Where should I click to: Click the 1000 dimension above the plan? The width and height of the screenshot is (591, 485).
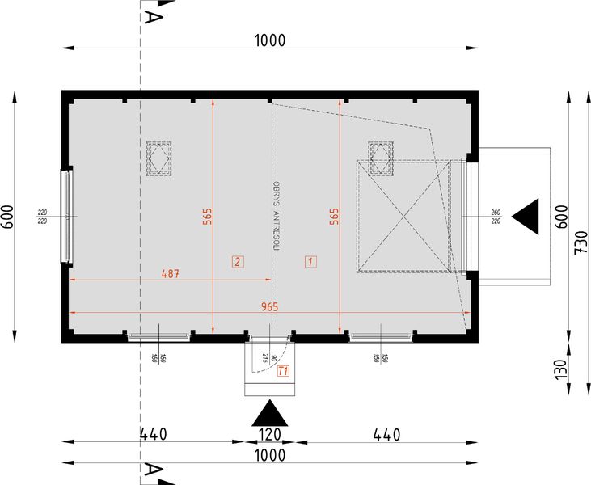coord(270,40)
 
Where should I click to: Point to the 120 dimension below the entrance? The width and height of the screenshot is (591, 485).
coord(271,435)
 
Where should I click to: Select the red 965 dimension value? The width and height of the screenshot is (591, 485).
coord(270,306)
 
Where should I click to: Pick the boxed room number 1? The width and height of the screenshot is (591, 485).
coord(310,261)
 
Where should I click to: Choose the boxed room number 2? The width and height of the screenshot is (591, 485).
coord(237,261)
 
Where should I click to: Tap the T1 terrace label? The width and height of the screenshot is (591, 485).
coord(283,372)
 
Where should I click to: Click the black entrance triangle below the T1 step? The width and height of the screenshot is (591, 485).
coord(271,414)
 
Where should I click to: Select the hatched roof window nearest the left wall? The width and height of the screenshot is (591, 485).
coord(159,158)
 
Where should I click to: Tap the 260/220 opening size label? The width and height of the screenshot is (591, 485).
coord(495,217)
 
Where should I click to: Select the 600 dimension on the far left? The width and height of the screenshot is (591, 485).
coord(7,217)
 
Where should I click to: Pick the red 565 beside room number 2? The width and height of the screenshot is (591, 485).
coord(207,216)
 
